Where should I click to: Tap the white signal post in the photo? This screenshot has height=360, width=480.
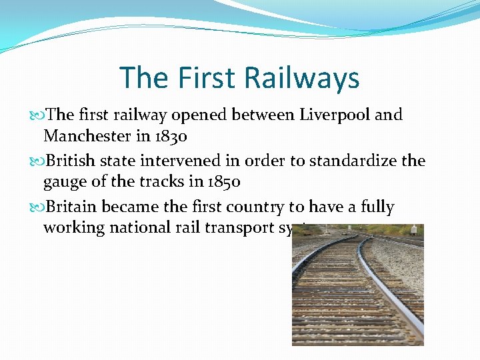point(414,230)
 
